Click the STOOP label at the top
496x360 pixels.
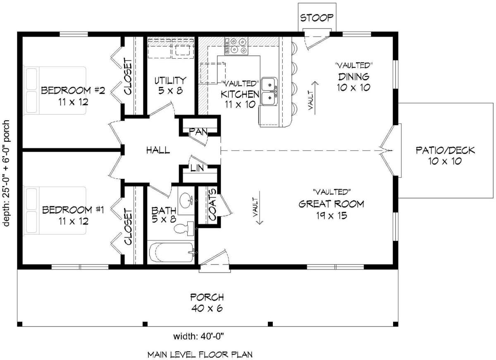click(317, 18)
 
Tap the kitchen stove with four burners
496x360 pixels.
click(236, 46)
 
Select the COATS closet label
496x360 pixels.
click(212, 205)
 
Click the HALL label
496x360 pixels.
click(158, 150)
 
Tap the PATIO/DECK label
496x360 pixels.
click(445, 155)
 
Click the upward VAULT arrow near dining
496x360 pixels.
click(315, 95)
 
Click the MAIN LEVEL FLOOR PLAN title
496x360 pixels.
click(200, 354)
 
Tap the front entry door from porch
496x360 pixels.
click(214, 260)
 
